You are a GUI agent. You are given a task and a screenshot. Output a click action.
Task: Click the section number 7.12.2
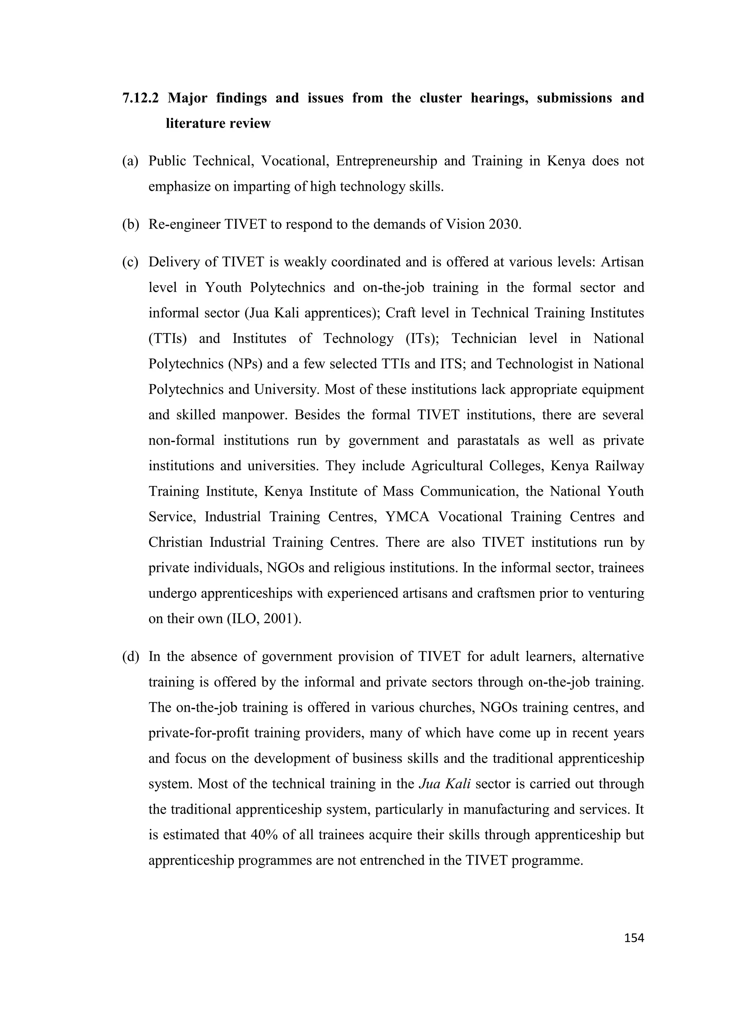pos(140,98)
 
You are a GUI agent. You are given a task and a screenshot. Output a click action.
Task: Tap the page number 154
pos(634,938)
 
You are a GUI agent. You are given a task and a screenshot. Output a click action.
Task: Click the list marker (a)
pos(130,161)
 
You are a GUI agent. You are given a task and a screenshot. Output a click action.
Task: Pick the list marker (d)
pos(130,657)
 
